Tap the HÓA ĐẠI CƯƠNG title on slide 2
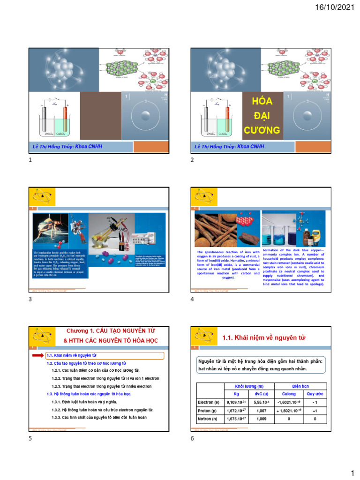262,115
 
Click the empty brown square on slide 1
100,116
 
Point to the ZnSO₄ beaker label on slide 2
209,134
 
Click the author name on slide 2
229,147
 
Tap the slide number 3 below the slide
30,300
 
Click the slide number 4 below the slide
192,300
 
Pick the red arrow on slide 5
37,356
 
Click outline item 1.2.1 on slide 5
95,371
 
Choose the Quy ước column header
315,394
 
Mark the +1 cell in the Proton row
315,410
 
